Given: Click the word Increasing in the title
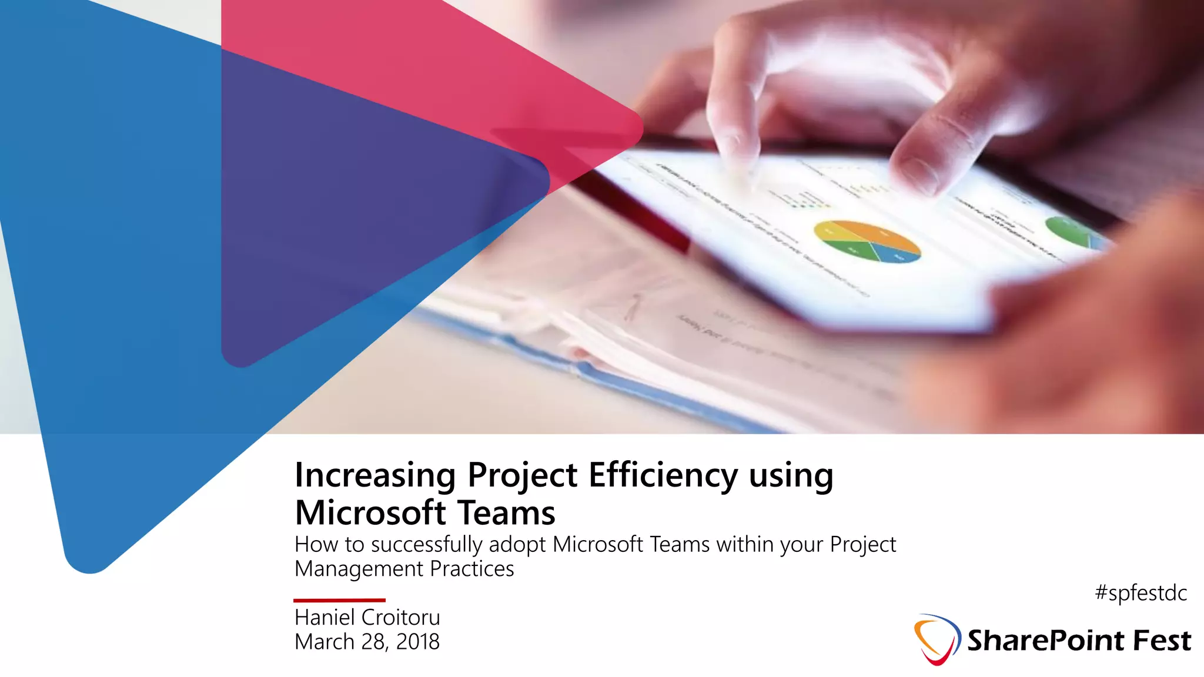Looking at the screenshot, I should point(375,475).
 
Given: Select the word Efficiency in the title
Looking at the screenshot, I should point(663,475).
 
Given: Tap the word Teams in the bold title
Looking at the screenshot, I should point(506,512).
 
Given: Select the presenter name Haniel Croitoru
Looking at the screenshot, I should point(367,618).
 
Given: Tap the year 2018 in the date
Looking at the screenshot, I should point(418,642).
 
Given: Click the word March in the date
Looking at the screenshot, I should point(325,642).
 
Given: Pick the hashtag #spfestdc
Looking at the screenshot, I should point(1141,593).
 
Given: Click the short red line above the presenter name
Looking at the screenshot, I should point(339,600).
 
